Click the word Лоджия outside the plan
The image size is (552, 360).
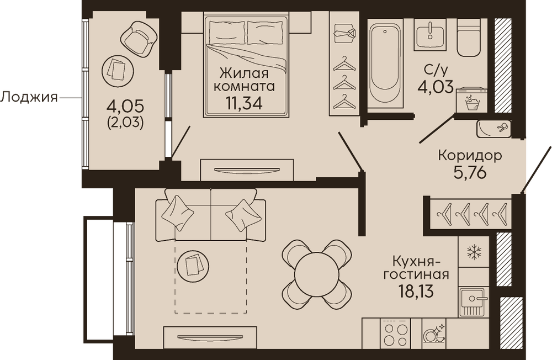point(29,97)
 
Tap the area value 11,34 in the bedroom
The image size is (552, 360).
point(244,103)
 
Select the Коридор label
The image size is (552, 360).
point(470,155)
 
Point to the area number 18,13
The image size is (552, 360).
point(416,291)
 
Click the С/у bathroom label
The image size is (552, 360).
point(436,71)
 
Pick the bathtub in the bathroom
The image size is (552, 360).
point(385,66)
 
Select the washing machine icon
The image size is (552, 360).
point(472,100)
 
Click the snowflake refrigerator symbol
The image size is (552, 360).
point(474,252)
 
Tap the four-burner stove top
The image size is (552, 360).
point(395,334)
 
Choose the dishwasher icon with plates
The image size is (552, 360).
point(434,333)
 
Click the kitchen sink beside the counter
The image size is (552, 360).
point(474,301)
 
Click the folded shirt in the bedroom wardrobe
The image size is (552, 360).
point(345,34)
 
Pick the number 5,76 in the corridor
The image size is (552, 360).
point(470,173)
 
